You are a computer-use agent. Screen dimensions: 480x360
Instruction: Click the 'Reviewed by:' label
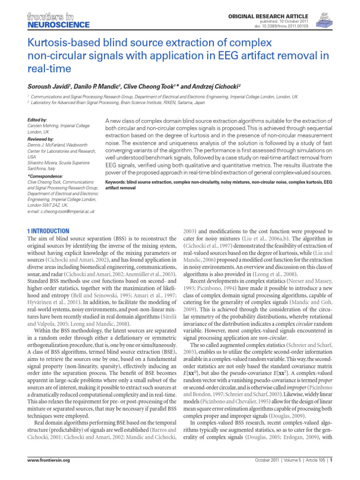[x=41, y=139]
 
